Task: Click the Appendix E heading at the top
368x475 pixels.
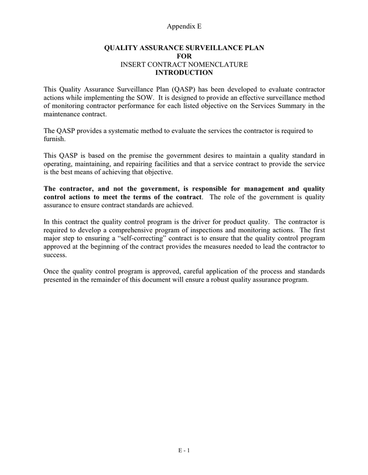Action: pos(184,26)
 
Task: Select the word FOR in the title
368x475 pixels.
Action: pos(184,56)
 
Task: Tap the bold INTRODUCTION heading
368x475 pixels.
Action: pos(184,73)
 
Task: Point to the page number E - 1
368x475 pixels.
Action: pos(184,450)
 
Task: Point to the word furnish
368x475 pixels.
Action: pos(53,139)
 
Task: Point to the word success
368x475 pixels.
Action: pos(55,254)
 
